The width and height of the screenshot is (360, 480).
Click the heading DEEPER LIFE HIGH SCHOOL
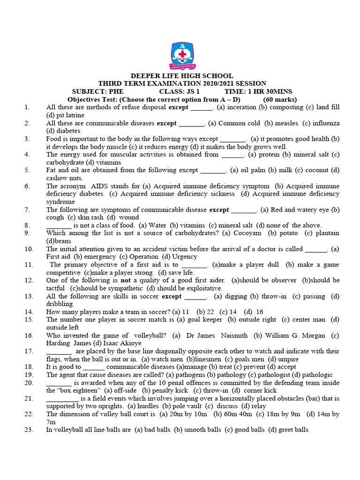[182, 76]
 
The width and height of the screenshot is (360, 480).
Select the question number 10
[29, 249]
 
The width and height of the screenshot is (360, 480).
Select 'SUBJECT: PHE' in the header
[94, 91]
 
